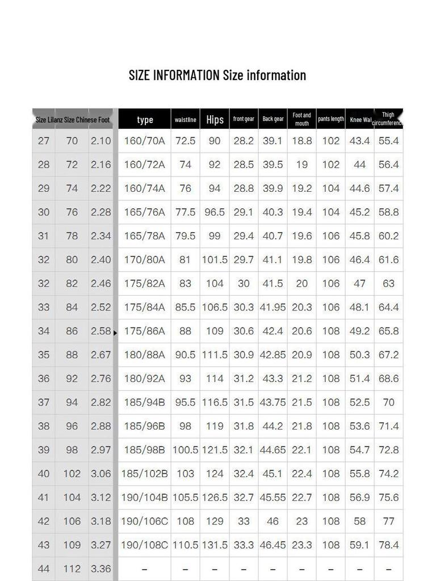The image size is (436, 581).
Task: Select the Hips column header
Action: pyautogui.click(x=215, y=119)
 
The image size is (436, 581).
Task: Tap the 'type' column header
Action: pyautogui.click(x=145, y=119)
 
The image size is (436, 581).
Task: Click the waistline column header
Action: pyautogui.click(x=185, y=119)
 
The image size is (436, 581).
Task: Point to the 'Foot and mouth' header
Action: pyautogui.click(x=301, y=119)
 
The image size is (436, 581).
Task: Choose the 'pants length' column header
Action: pyautogui.click(x=331, y=119)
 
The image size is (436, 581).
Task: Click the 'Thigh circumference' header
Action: pyautogui.click(x=388, y=119)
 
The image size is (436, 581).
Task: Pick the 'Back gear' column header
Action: pyautogui.click(x=272, y=119)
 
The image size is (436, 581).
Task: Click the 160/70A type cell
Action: pyautogui.click(x=145, y=141)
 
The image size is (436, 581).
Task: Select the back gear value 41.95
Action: pyautogui.click(x=272, y=307)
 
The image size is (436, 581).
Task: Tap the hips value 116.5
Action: pyautogui.click(x=215, y=402)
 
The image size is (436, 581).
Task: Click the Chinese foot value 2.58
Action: pyautogui.click(x=100, y=331)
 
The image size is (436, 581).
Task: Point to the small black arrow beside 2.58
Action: pyautogui.click(x=115, y=333)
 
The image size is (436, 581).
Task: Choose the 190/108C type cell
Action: pyautogui.click(x=145, y=545)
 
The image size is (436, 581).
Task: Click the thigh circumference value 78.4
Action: pyautogui.click(x=388, y=545)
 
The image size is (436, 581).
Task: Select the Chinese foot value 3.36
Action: pyautogui.click(x=100, y=569)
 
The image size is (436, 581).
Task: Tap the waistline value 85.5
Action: pyautogui.click(x=185, y=307)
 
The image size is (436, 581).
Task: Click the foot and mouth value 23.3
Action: pyautogui.click(x=301, y=545)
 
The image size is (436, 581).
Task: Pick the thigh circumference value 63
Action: pyautogui.click(x=388, y=283)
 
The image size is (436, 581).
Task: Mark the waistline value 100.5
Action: pyautogui.click(x=185, y=450)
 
